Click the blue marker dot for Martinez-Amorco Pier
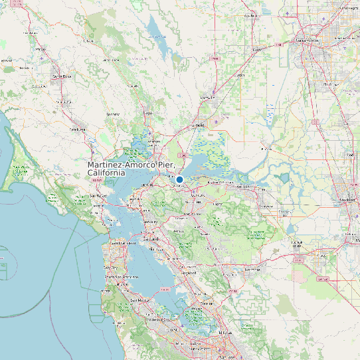click(179, 179)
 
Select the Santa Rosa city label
click(62, 76)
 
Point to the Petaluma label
click(78, 129)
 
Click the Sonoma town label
click(114, 114)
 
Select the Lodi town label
click(349, 155)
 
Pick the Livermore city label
click(252, 270)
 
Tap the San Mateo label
click(140, 300)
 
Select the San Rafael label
click(98, 197)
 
